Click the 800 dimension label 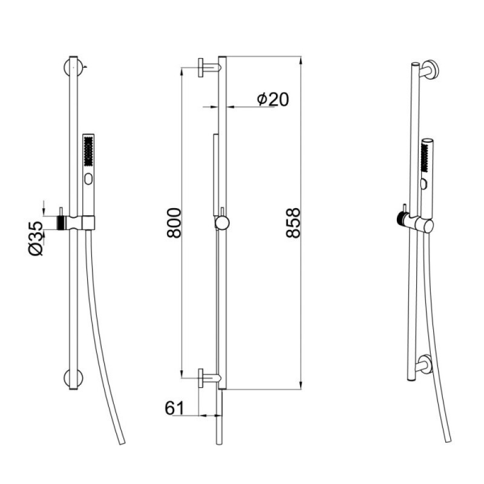[x=174, y=223]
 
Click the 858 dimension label [x=293, y=223]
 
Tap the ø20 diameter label [x=273, y=99]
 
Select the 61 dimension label [x=174, y=408]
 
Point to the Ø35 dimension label [x=36, y=238]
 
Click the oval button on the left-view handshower [x=88, y=179]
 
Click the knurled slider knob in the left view [x=60, y=223]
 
